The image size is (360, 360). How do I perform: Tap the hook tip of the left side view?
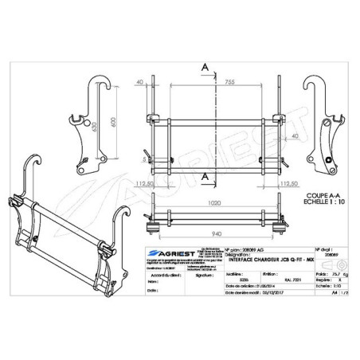(x=96, y=78)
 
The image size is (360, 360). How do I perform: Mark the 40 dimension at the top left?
(x=139, y=80)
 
